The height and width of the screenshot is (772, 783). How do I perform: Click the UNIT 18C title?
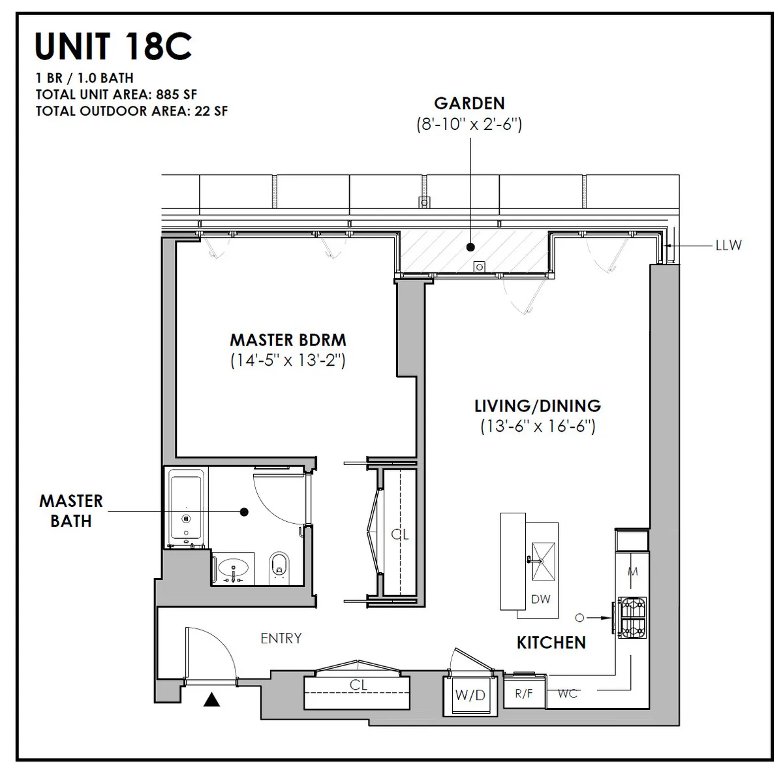[114, 46]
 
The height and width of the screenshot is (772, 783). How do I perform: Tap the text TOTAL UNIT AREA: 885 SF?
[116, 95]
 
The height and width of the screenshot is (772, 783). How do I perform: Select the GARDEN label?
[469, 103]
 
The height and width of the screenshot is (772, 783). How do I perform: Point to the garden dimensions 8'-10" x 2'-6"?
[469, 124]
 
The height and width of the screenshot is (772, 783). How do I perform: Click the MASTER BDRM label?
[288, 340]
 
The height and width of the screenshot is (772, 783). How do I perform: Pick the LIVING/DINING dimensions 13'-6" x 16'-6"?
[538, 426]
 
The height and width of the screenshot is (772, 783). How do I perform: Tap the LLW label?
[728, 246]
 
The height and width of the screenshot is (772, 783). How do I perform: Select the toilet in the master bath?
[279, 566]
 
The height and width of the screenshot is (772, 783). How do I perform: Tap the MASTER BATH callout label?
[71, 511]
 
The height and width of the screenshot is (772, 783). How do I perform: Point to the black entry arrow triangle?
[211, 701]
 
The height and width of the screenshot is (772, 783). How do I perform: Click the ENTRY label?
[281, 638]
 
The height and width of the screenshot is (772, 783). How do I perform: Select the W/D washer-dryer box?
[470, 695]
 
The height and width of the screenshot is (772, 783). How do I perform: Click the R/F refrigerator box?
[523, 694]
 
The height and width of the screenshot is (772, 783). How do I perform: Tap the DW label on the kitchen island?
[540, 598]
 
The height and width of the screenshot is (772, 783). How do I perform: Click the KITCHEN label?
[551, 643]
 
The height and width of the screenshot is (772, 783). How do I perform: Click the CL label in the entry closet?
[358, 684]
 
